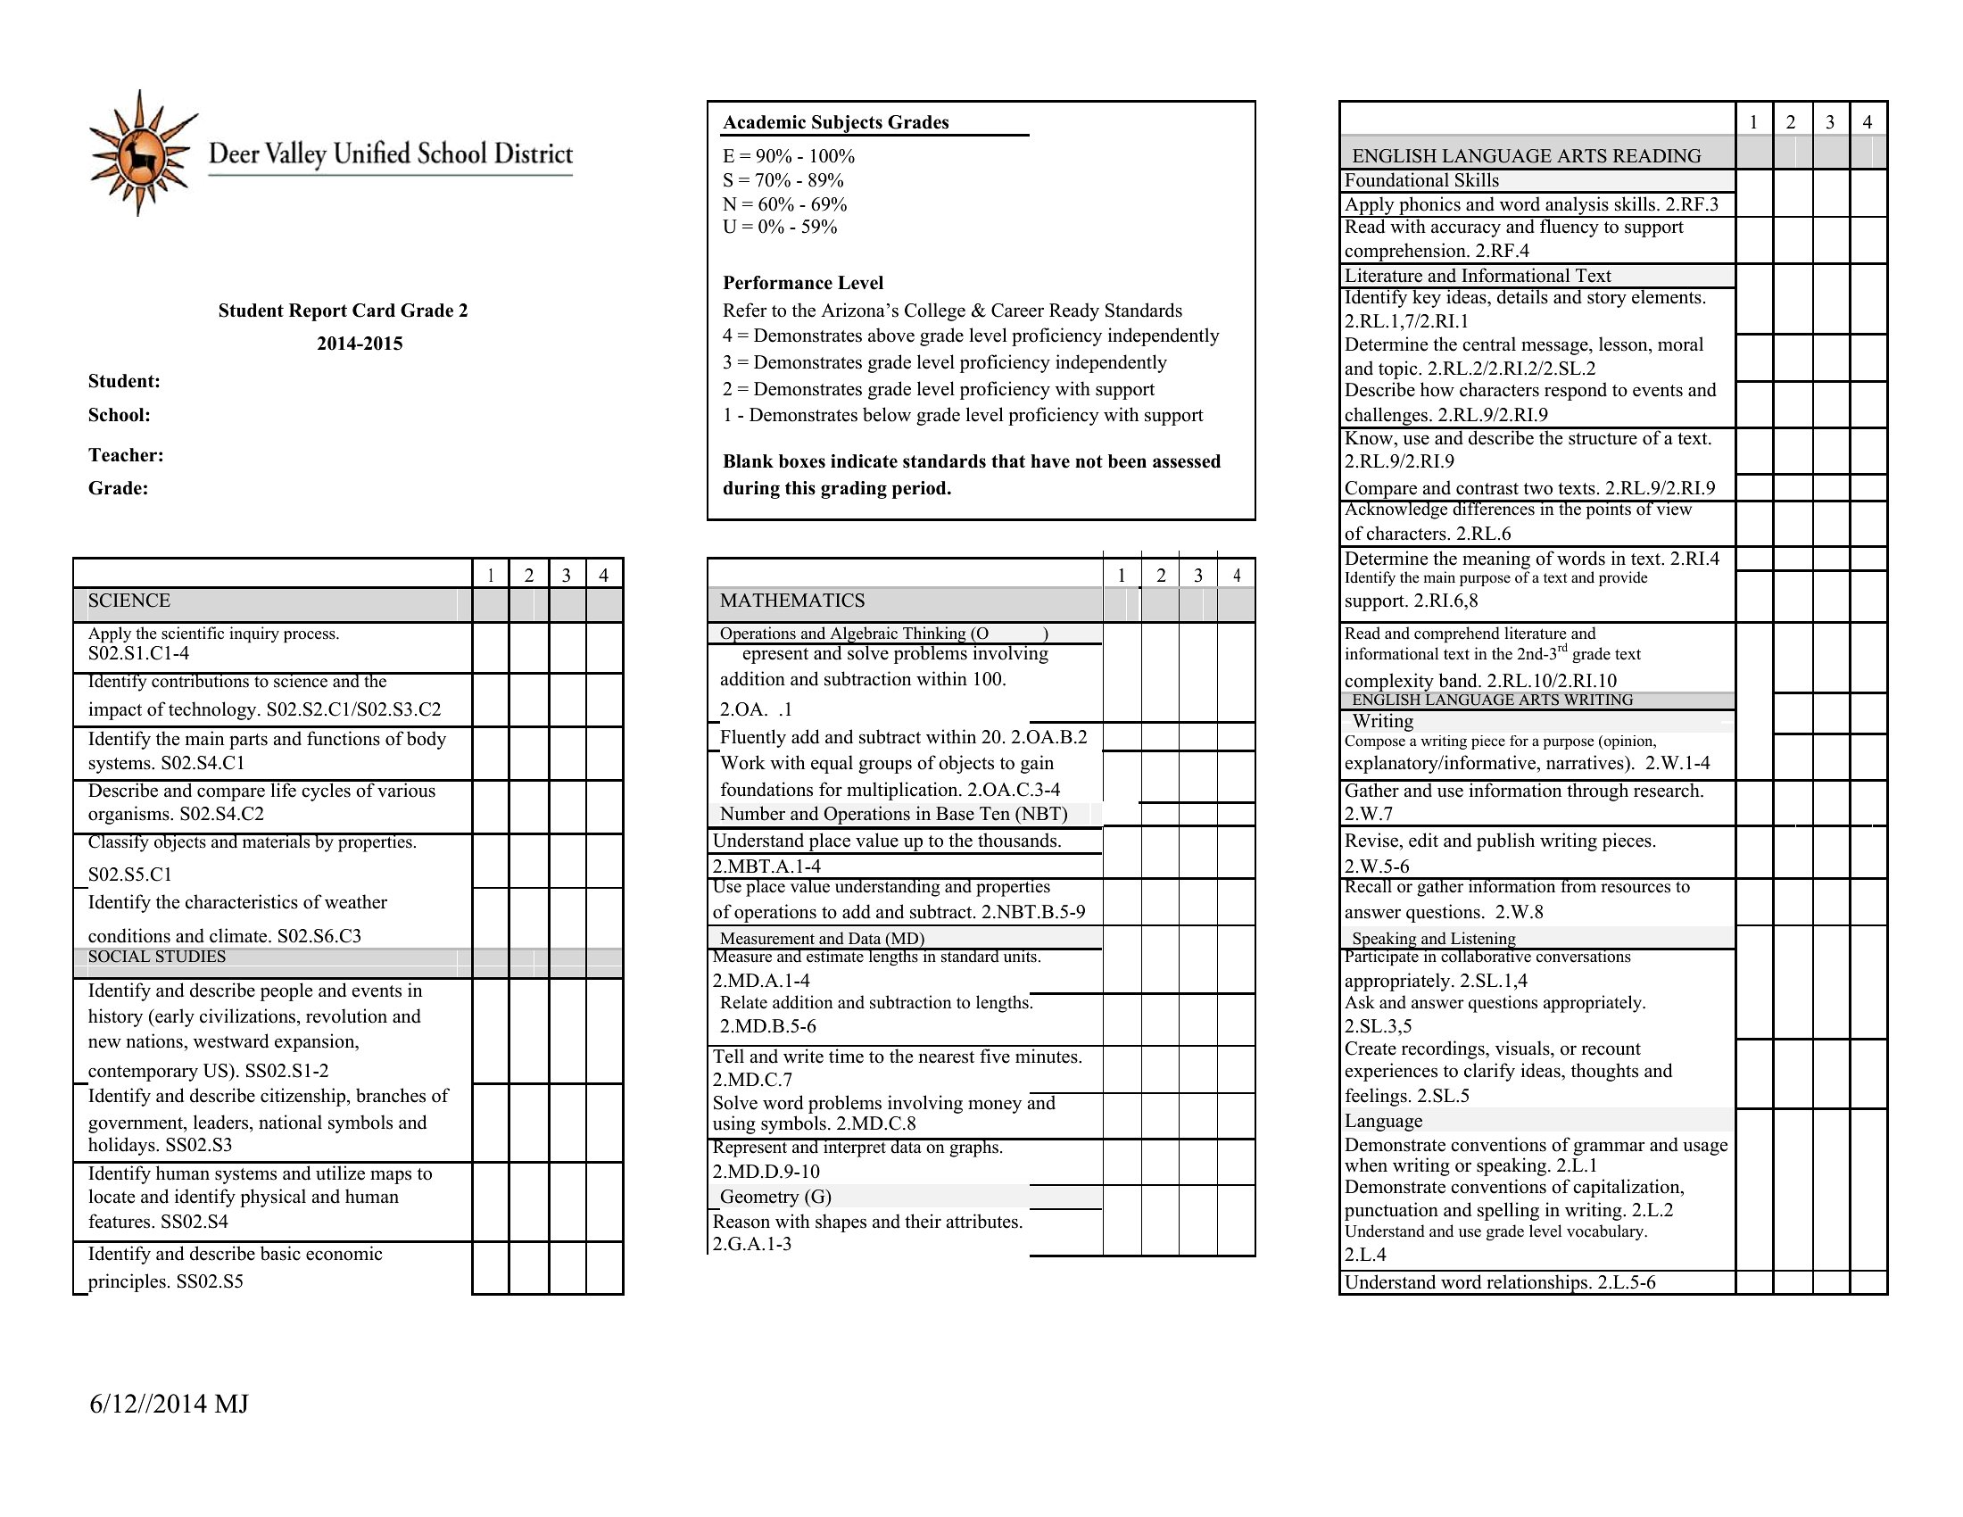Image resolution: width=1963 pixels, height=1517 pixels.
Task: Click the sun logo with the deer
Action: (140, 153)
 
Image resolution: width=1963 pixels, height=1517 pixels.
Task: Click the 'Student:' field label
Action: (124, 381)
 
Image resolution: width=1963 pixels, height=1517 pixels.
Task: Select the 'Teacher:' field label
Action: (126, 455)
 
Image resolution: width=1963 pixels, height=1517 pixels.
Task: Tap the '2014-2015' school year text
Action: (360, 344)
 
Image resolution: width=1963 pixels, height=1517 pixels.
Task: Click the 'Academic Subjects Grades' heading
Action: (836, 122)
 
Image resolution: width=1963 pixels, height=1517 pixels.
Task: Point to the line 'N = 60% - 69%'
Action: (784, 204)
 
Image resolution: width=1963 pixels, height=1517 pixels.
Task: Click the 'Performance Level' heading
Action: (803, 283)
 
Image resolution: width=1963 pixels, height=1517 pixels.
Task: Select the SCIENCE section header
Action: (129, 601)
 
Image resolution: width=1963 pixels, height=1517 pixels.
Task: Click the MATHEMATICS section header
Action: (791, 601)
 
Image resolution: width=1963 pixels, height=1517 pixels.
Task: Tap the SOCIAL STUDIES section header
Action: (157, 957)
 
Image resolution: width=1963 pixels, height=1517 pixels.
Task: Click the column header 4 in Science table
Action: (603, 576)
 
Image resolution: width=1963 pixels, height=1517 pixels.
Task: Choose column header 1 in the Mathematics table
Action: (1121, 576)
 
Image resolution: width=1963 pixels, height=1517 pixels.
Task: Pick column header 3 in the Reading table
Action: (1829, 122)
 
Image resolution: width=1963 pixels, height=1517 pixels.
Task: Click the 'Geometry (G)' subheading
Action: (775, 1196)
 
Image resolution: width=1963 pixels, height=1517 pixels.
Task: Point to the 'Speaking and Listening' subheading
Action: (1434, 938)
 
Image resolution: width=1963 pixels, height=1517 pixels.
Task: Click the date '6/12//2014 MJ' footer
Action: (169, 1404)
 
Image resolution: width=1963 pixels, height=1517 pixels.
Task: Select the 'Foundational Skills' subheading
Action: (1421, 180)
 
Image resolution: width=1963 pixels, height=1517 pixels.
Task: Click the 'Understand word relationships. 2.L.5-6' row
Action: (1499, 1282)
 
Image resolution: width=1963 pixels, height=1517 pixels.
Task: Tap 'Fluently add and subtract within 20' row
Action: (903, 737)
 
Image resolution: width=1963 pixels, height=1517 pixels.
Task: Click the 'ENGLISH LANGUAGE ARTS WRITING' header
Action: (1492, 700)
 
